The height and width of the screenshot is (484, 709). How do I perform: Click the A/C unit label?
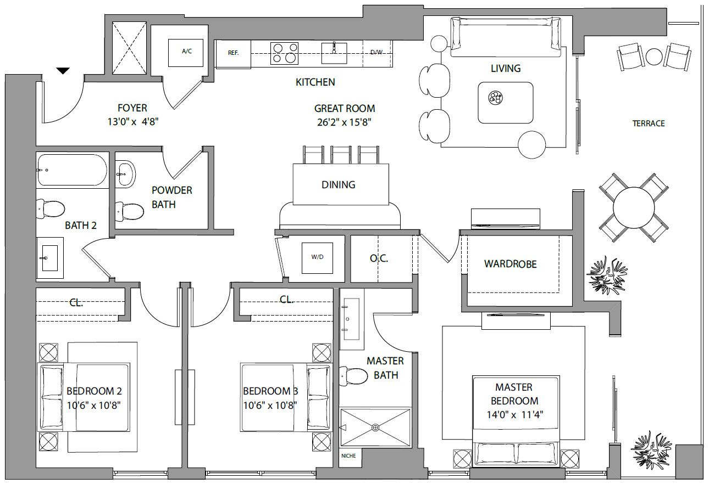[x=187, y=51]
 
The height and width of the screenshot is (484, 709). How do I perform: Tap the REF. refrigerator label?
[x=233, y=53]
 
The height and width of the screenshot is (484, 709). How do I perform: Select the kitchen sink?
[x=334, y=53]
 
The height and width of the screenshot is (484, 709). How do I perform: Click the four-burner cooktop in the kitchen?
[x=285, y=53]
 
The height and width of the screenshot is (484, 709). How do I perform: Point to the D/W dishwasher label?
[x=376, y=53]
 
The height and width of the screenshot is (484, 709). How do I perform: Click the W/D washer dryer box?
[x=317, y=258]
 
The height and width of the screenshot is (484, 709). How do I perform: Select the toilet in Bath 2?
[x=51, y=209]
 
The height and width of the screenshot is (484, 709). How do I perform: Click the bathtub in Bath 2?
[x=72, y=170]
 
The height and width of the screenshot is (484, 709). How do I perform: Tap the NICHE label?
[x=348, y=456]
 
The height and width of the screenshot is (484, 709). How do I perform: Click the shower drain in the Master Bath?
[x=375, y=428]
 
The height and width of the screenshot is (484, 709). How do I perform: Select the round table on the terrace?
[x=634, y=207]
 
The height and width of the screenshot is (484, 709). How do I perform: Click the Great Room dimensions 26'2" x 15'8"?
[x=344, y=122]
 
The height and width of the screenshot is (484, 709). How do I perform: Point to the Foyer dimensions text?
[x=133, y=122]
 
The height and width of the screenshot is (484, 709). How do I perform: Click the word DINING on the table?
[x=339, y=184]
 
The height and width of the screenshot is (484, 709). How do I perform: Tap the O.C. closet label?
[x=379, y=258]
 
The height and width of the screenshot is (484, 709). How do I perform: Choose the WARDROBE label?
[x=511, y=264]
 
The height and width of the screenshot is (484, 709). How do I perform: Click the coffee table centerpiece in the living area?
[x=495, y=98]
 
